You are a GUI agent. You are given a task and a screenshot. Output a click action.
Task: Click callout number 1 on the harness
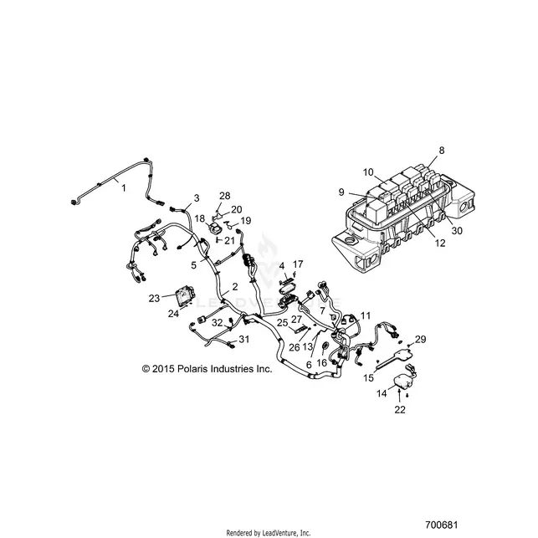(124, 188)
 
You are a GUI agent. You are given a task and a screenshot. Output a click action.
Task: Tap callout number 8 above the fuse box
(442, 151)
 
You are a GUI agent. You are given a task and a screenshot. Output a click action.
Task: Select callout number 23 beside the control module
(154, 299)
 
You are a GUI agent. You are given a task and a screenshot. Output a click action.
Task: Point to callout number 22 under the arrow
(400, 410)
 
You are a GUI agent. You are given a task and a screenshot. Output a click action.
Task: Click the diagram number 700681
(442, 525)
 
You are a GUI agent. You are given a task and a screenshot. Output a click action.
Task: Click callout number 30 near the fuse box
(457, 231)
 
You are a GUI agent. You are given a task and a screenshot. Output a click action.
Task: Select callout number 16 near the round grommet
(321, 362)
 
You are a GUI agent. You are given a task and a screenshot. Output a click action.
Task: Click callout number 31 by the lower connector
(244, 340)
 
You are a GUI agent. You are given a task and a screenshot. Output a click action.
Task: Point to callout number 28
(225, 196)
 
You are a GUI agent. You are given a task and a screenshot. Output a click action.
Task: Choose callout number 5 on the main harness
(194, 265)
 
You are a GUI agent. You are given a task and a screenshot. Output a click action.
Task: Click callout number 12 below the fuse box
(440, 243)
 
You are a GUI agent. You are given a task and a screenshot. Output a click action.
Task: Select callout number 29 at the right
(420, 339)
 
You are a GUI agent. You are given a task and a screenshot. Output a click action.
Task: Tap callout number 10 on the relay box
(368, 172)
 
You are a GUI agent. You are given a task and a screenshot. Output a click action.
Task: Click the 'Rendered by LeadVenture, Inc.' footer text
(269, 533)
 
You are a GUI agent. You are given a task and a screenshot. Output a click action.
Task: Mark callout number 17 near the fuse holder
(298, 264)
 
